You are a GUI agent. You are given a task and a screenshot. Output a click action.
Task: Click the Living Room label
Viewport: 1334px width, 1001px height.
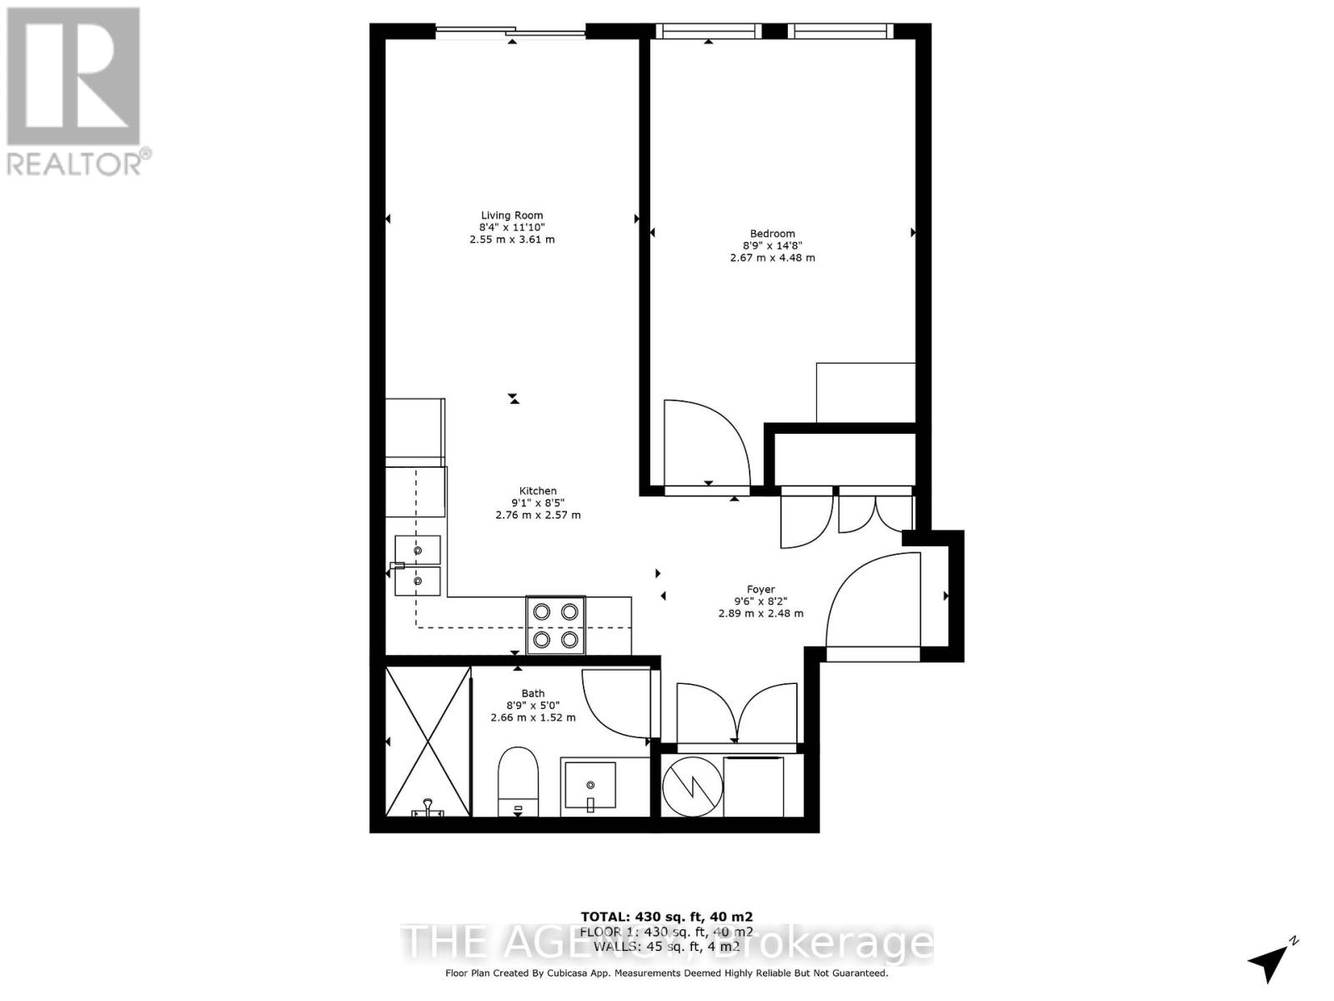click(x=511, y=215)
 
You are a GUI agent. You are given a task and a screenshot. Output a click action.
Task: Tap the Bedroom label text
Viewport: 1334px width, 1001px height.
click(x=772, y=234)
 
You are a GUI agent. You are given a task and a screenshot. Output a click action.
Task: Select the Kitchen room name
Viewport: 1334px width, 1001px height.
click(x=538, y=490)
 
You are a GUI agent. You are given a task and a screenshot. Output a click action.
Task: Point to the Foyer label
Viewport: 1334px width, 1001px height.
click(x=760, y=589)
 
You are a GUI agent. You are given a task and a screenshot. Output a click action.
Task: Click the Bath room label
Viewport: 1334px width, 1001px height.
click(x=533, y=693)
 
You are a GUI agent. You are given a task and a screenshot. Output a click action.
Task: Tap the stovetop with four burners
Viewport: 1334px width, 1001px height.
click(x=555, y=625)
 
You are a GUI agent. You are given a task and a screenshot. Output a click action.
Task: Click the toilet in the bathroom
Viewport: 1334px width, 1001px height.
click(x=519, y=782)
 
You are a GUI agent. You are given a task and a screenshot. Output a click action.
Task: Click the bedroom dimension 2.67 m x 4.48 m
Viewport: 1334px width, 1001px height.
click(x=772, y=258)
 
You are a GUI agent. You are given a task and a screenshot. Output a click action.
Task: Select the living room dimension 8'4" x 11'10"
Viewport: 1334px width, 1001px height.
click(x=511, y=227)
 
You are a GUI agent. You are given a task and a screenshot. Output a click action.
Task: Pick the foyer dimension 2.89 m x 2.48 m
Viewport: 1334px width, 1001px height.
click(x=760, y=613)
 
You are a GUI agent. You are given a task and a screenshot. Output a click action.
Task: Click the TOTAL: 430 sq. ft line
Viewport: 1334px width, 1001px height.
click(x=666, y=916)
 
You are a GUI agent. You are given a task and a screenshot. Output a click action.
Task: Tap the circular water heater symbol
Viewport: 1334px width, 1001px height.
click(x=692, y=786)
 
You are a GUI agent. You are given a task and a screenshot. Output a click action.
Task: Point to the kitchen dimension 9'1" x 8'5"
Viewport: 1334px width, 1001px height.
click(x=538, y=503)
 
